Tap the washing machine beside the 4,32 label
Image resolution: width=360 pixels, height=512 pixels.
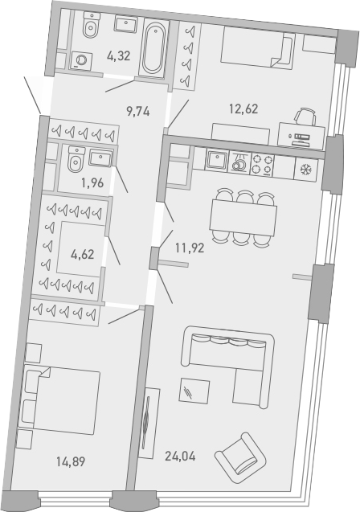click(x=80, y=59)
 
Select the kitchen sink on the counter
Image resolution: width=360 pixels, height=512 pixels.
click(x=218, y=162)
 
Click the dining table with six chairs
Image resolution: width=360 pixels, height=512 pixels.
click(x=242, y=216)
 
